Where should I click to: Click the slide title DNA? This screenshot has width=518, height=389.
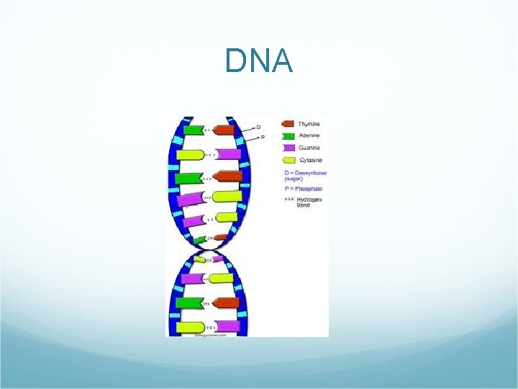tap(258, 61)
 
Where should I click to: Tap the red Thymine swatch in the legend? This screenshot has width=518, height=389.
tap(288, 124)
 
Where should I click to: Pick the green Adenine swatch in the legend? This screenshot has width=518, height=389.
tap(288, 135)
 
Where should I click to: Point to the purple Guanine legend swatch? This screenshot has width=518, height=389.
tap(288, 148)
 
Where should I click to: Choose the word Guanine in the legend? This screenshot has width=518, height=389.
tap(310, 148)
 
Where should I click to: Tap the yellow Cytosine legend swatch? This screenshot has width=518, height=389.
tap(288, 160)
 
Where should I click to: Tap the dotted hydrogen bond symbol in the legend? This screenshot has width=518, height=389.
tap(288, 199)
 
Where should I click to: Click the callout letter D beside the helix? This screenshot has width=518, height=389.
tap(259, 127)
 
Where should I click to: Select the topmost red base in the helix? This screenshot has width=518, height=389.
tap(225, 130)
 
